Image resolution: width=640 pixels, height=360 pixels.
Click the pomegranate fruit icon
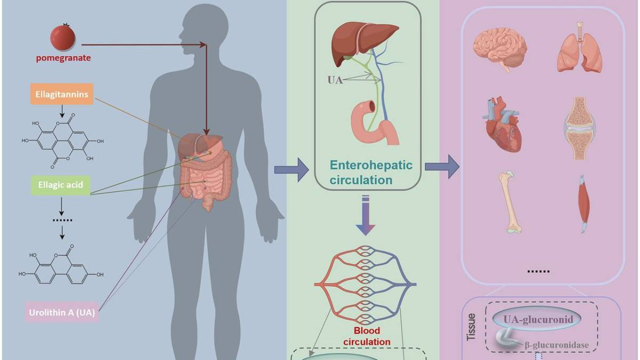(63, 37)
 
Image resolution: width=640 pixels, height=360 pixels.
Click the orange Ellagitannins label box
(62, 94)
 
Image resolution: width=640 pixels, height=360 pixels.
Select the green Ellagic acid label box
(60, 185)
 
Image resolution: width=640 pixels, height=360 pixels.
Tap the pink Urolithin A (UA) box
(62, 312)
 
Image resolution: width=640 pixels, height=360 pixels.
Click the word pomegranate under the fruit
(63, 58)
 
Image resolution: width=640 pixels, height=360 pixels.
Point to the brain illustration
(500, 49)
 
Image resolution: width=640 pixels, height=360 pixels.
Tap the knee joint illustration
(579, 128)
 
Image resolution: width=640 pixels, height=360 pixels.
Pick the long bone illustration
(510, 202)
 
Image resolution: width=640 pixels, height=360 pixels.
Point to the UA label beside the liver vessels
(335, 80)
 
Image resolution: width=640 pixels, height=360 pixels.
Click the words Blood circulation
(367, 336)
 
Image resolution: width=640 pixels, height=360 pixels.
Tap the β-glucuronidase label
(556, 345)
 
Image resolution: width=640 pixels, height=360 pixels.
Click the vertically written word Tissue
(471, 327)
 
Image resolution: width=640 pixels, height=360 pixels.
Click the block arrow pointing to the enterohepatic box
(291, 170)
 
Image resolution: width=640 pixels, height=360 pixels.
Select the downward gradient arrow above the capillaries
(365, 215)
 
